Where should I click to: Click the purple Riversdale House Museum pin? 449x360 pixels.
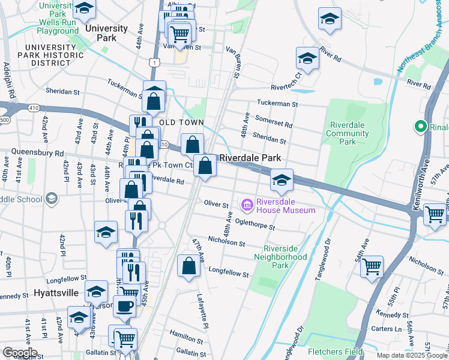pyautogui.click(x=247, y=206)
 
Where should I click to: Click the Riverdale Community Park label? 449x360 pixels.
pyautogui.click(x=340, y=133)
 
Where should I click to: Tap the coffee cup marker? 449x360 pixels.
pyautogui.click(x=125, y=306)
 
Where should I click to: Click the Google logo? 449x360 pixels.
pyautogui.click(x=20, y=353)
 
